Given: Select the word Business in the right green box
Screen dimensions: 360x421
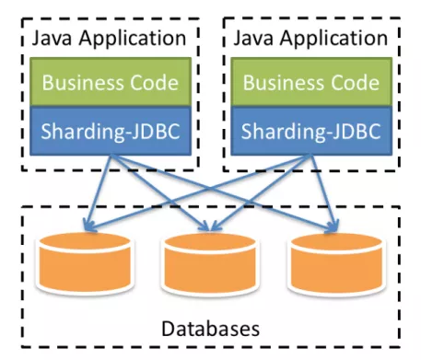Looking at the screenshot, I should [280, 83].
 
